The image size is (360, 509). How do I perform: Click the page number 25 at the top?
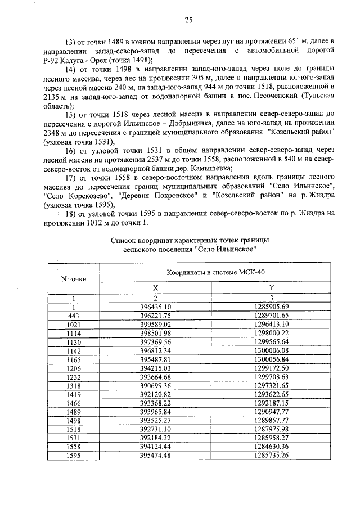[188, 21]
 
